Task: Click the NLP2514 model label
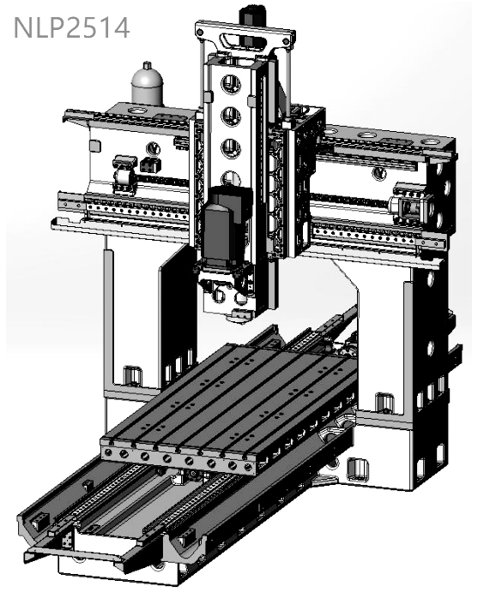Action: pos(71,27)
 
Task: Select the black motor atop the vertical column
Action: pos(253,15)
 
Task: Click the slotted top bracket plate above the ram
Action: pos(245,36)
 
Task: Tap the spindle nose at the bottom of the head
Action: pos(239,315)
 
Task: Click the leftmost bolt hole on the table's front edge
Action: pos(109,452)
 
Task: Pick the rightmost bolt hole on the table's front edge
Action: pos(248,467)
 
